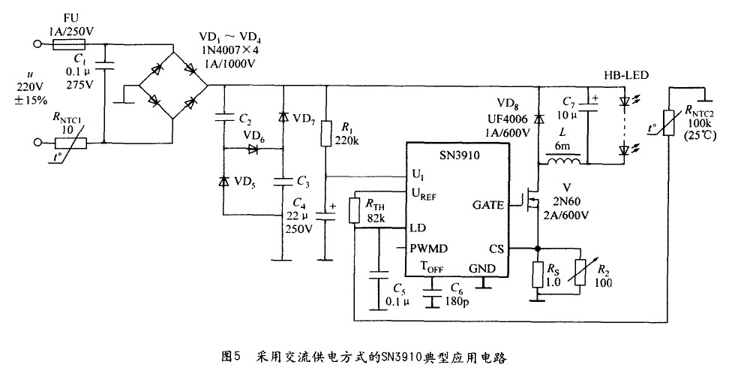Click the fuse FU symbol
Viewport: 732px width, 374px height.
pyautogui.click(x=69, y=45)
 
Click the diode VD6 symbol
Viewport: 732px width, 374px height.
pyautogui.click(x=253, y=149)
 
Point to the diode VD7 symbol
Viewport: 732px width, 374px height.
pyautogui.click(x=283, y=117)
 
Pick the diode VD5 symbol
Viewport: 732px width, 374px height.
pyautogui.click(x=223, y=181)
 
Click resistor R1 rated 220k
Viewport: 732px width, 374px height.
pyautogui.click(x=325, y=134)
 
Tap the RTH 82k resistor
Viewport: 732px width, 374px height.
pyautogui.click(x=355, y=210)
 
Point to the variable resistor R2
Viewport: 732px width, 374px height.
pyautogui.click(x=580, y=273)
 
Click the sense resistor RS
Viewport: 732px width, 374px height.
pyautogui.click(x=538, y=274)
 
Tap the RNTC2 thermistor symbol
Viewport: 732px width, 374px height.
pyautogui.click(x=668, y=122)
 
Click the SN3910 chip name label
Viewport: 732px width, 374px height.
pyautogui.click(x=456, y=155)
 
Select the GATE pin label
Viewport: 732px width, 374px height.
pyautogui.click(x=488, y=205)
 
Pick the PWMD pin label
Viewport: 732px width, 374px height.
pyautogui.click(x=428, y=249)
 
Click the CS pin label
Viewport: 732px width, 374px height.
pyautogui.click(x=496, y=249)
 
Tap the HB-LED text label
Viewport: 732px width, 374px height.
pyautogui.click(x=626, y=75)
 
